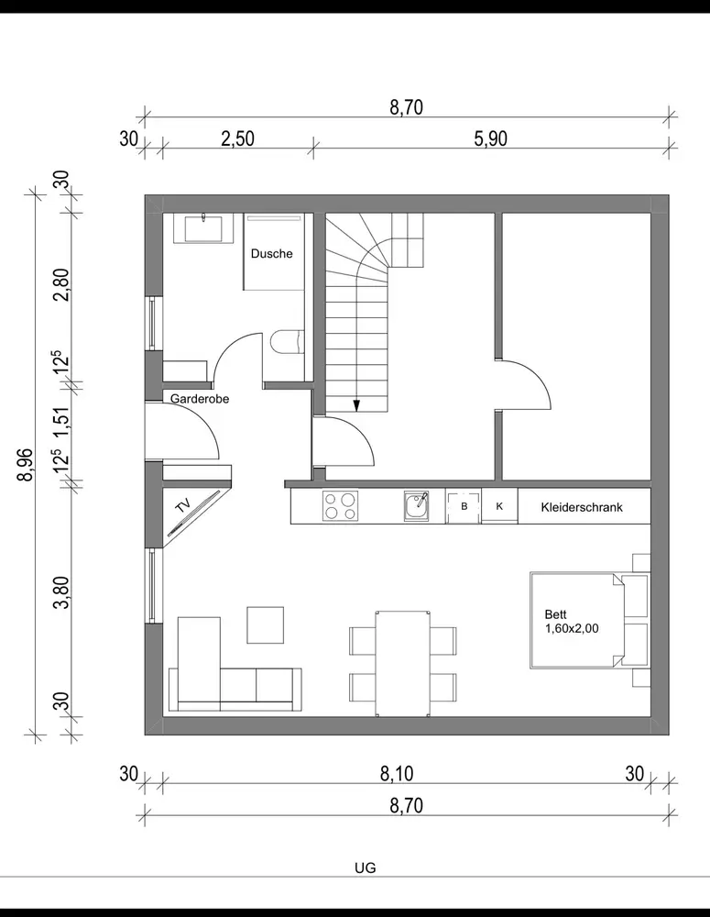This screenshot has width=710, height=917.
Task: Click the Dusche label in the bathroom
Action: pyautogui.click(x=272, y=254)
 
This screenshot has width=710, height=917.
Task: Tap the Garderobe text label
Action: pyautogui.click(x=200, y=399)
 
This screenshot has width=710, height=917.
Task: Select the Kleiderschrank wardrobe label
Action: pyautogui.click(x=582, y=507)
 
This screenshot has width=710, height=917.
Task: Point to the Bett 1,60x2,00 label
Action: pyautogui.click(x=572, y=622)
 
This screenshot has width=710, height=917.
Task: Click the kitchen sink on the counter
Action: pyautogui.click(x=416, y=506)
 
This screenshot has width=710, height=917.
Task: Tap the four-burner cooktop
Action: pyautogui.click(x=340, y=506)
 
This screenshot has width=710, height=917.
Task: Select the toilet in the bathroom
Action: pyautogui.click(x=288, y=343)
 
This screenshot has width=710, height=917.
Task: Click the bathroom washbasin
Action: pyautogui.click(x=203, y=228)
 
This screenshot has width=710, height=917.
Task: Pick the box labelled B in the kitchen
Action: pyautogui.click(x=464, y=506)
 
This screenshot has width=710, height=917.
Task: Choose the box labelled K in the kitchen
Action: pyautogui.click(x=499, y=506)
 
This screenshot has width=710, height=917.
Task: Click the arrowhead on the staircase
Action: pyautogui.click(x=355, y=405)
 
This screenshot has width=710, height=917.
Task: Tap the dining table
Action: pyautogui.click(x=403, y=663)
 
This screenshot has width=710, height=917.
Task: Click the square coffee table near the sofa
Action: pyautogui.click(x=266, y=625)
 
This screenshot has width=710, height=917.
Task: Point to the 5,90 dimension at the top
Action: pyautogui.click(x=491, y=139)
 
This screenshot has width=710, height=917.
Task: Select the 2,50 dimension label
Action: pyautogui.click(x=238, y=139)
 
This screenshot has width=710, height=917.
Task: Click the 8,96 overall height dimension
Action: pyautogui.click(x=26, y=464)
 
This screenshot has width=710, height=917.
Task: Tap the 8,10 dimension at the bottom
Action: pyautogui.click(x=397, y=774)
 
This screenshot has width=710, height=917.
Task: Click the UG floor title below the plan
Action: pyautogui.click(x=366, y=867)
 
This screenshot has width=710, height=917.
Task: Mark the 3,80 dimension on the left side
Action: pyautogui.click(x=61, y=591)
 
